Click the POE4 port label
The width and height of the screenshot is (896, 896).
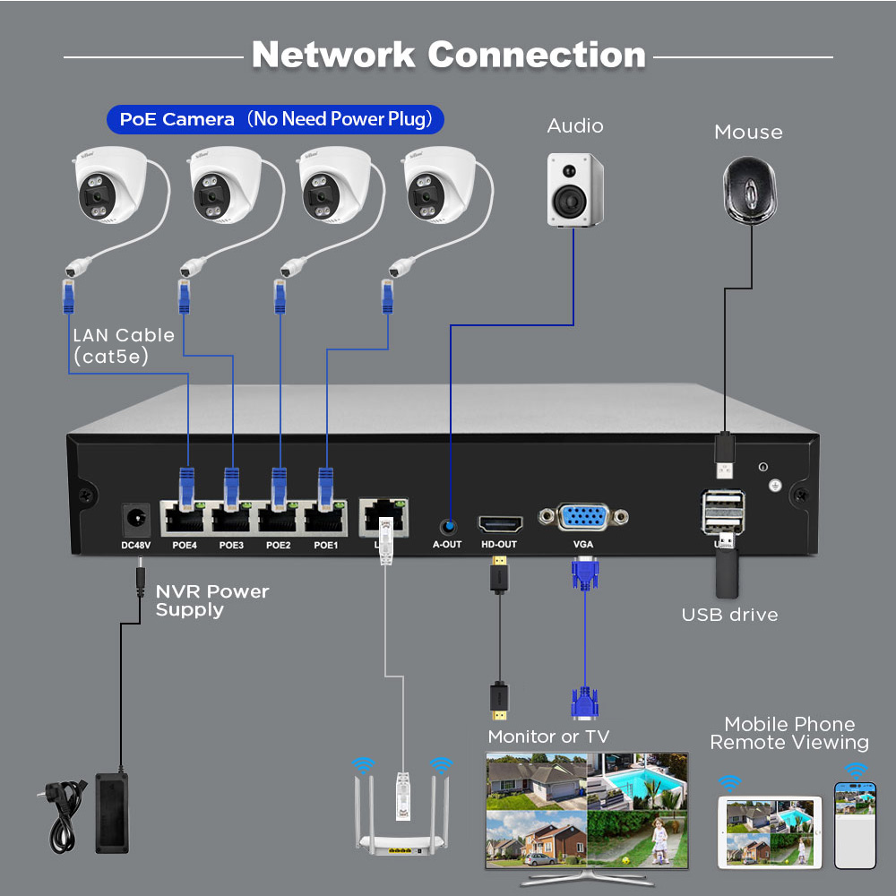185,545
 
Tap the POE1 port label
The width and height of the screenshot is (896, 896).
326,545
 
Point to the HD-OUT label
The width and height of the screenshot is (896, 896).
499,545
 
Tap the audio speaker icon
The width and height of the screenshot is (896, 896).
575,189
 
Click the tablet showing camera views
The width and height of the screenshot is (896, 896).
770,832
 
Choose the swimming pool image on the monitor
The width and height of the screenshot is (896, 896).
637,782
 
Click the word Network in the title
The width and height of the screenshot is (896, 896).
333,55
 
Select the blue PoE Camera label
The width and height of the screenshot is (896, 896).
276,118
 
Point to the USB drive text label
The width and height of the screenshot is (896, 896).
729,615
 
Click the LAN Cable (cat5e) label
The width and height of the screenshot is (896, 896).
123,346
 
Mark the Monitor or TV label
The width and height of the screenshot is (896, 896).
548,737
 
